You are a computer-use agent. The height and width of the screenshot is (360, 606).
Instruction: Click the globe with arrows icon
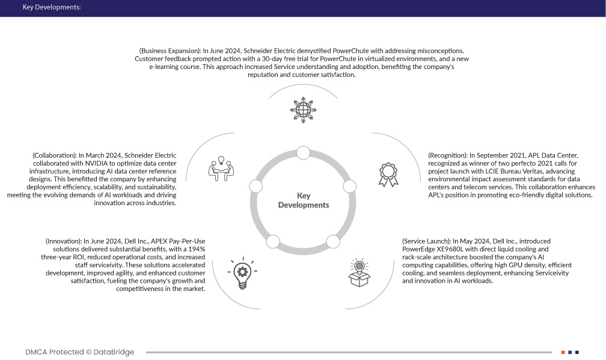click(x=302, y=110)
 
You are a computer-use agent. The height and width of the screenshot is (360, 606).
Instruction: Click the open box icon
click(x=360, y=273)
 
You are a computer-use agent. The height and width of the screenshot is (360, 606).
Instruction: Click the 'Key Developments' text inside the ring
click(x=304, y=200)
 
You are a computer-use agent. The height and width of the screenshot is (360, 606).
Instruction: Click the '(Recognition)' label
click(x=450, y=155)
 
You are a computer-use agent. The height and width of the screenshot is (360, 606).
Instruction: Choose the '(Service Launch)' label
click(x=426, y=241)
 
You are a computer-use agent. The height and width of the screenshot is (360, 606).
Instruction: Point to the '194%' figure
click(x=195, y=249)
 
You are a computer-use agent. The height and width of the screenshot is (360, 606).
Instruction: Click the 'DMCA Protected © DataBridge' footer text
click(x=79, y=352)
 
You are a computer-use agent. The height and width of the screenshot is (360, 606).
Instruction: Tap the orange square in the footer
click(x=563, y=352)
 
